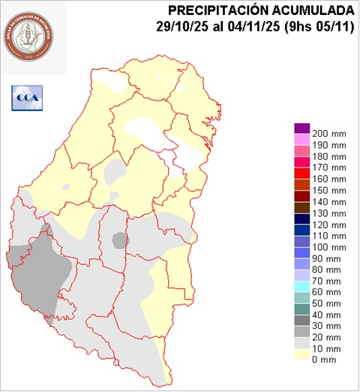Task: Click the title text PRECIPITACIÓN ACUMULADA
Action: (x=261, y=10)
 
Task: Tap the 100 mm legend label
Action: (x=328, y=247)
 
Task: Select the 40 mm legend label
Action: (x=328, y=315)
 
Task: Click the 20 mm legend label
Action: (x=328, y=337)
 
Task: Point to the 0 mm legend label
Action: (x=327, y=360)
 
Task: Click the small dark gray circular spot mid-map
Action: (x=120, y=240)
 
